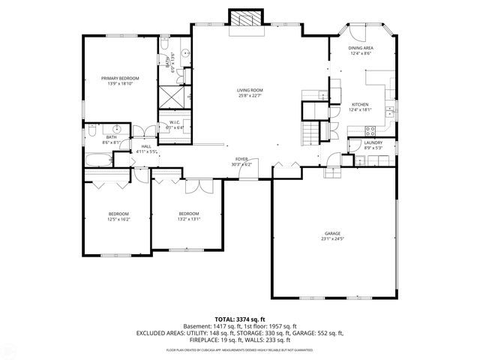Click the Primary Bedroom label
tap(120, 78)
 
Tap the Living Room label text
tap(250, 90)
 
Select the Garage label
tap(331, 234)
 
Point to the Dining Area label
tap(361, 48)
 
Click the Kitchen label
tap(361, 105)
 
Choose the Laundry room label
tap(373, 142)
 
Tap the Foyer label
tap(241, 159)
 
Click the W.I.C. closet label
tap(174, 122)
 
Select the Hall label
tap(146, 146)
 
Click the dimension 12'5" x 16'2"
tap(119, 220)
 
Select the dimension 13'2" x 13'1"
tap(188, 218)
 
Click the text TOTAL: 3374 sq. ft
tap(239, 319)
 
